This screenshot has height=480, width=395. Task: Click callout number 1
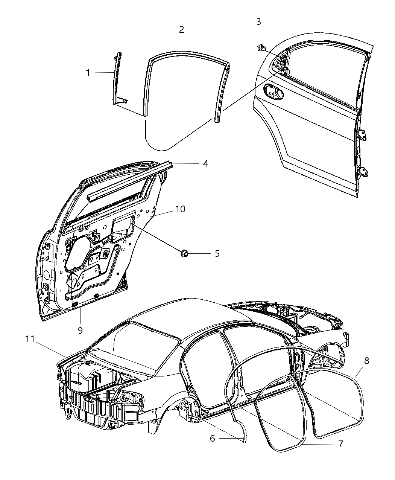coord(88,73)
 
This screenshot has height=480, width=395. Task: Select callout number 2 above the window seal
coord(182,30)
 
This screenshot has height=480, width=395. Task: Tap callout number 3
coord(259,22)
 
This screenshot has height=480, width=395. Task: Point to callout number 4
coord(205,164)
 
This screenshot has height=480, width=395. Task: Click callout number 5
coord(217,253)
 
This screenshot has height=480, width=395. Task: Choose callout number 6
coord(213,438)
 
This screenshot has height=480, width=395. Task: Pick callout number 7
coord(340,444)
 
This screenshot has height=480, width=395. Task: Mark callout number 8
coord(366,361)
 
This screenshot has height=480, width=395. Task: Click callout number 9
coord(80,330)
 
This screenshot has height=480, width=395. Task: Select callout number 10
coord(180,209)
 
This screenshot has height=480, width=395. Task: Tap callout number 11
coord(30,340)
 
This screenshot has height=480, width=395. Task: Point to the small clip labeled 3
coord(261,48)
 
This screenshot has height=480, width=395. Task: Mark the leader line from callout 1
coord(103,72)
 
